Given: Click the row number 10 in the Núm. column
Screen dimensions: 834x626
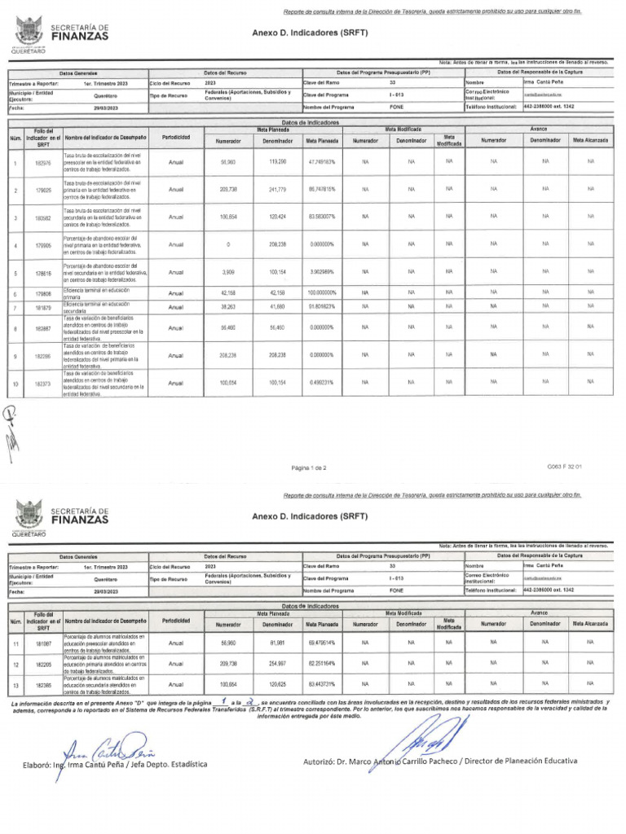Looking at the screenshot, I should pyautogui.click(x=15, y=383).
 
